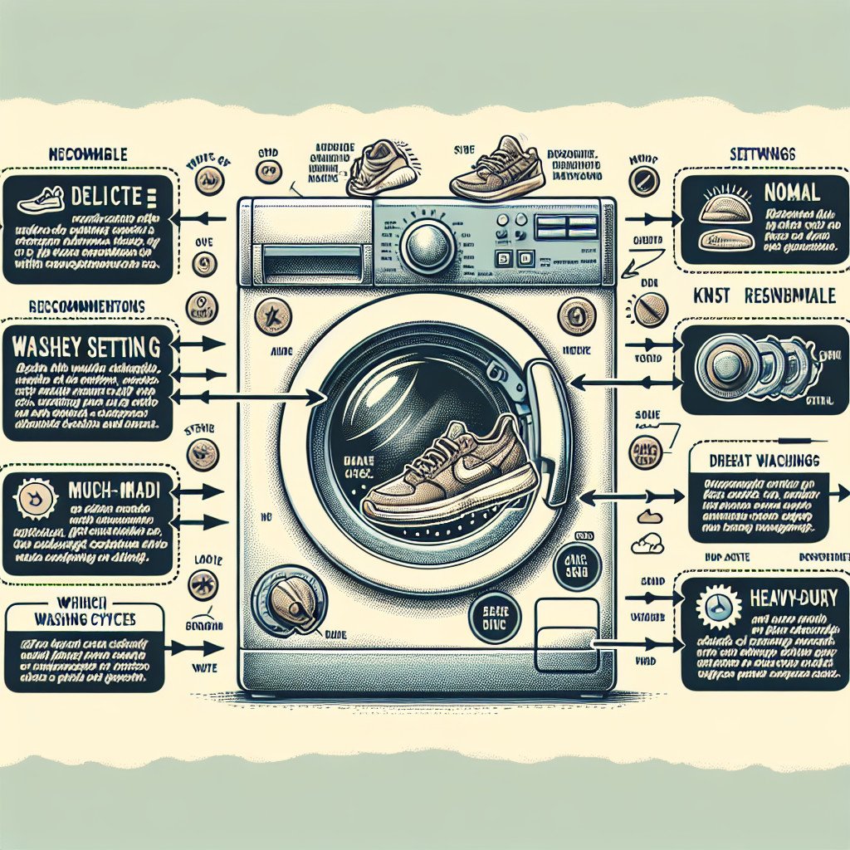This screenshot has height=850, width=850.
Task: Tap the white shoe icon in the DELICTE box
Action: [39, 199]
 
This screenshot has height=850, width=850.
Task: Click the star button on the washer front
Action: [273, 316]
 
